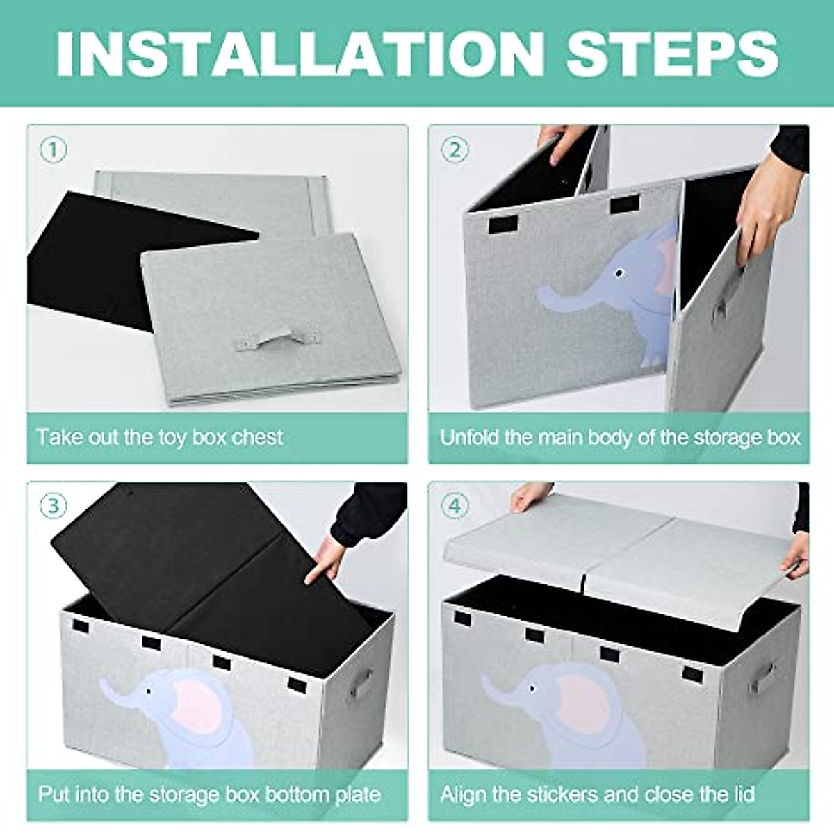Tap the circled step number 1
tap(54, 149)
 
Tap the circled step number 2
tap(455, 149)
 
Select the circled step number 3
tap(54, 507)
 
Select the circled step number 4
tap(455, 507)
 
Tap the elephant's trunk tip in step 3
tap(104, 685)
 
